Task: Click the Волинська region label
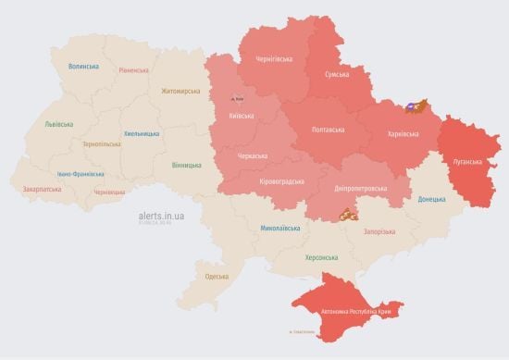83,68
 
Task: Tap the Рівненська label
135,70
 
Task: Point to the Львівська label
60,123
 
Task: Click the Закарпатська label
42,190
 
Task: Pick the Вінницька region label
186,165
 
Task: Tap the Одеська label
217,277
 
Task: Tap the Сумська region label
337,74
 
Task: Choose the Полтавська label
329,129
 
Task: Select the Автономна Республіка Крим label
356,312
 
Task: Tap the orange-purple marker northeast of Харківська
419,106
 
